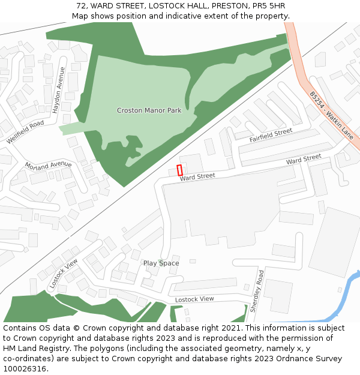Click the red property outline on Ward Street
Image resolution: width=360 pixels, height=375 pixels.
179,170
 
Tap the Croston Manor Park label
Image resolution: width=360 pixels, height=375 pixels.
149,110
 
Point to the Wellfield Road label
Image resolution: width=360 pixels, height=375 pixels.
26,132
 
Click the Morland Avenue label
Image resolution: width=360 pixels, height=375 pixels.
48,164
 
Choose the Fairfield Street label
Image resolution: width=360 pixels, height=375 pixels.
271,136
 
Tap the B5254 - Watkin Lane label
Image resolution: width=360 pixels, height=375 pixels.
331,115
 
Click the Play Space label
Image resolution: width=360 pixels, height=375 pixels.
161,263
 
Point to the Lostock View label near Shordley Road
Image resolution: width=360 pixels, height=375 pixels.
194,299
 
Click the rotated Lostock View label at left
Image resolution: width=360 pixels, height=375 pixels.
64,274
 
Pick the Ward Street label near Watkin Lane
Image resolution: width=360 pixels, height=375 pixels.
304,160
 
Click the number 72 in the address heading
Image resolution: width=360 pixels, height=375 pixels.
82,5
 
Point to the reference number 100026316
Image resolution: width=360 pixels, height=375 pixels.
25,368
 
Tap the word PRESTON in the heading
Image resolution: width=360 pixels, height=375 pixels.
225,5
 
